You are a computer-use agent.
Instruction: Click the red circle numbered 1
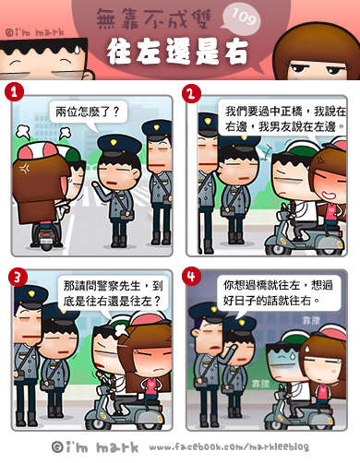click(14, 91)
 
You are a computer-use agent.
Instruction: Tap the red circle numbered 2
click(191, 93)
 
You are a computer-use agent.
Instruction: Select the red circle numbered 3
click(18, 277)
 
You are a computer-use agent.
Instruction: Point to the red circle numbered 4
click(191, 276)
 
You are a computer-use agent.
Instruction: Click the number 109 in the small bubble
click(244, 17)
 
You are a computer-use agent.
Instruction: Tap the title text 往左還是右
click(177, 52)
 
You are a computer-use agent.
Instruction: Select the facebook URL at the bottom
click(229, 446)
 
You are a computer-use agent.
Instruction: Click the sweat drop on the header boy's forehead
click(77, 50)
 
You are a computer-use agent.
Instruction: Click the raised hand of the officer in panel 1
click(96, 185)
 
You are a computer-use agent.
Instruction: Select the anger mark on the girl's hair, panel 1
click(25, 168)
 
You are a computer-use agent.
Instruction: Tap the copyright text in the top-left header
click(35, 32)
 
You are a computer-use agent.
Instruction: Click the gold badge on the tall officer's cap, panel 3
click(31, 293)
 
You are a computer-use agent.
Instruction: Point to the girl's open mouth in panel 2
click(327, 195)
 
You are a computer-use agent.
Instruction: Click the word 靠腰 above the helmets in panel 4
click(311, 320)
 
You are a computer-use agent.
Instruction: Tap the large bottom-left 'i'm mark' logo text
click(95, 447)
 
